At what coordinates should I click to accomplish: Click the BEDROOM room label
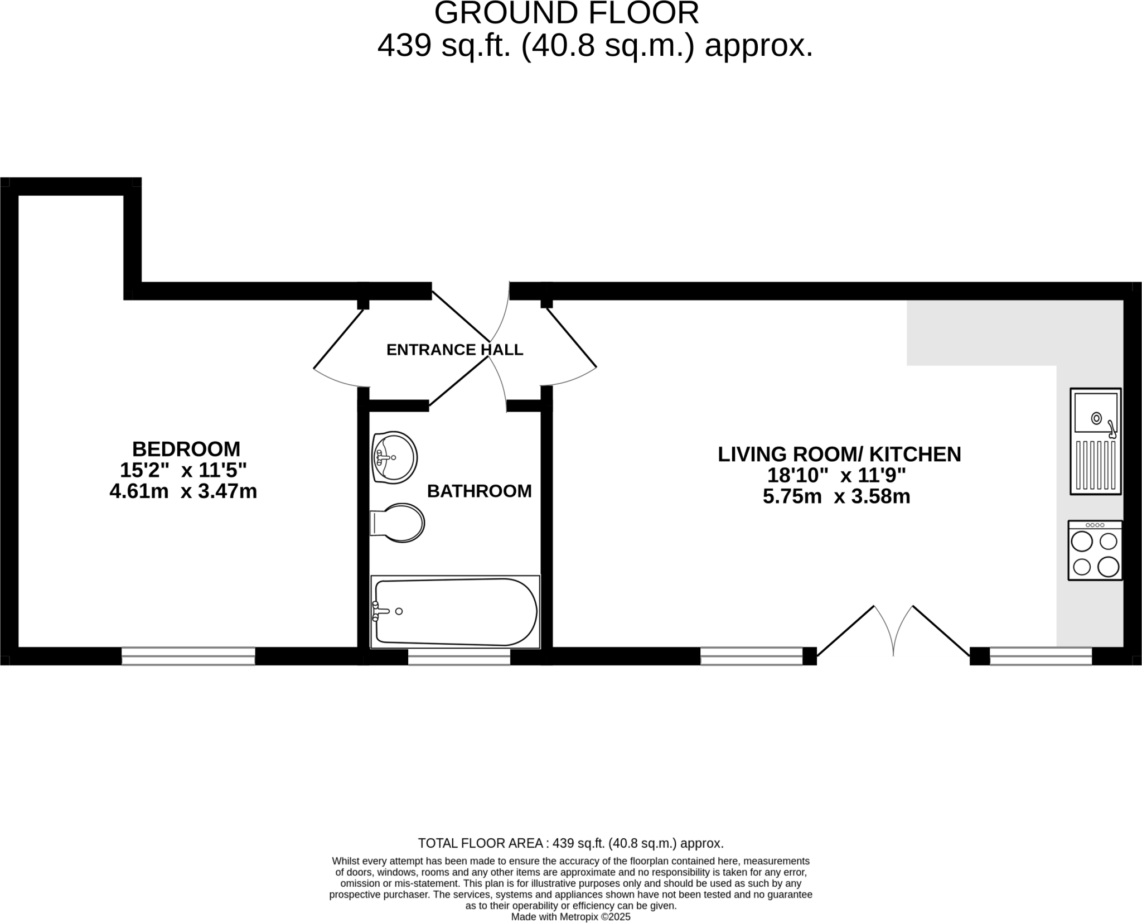point(186,449)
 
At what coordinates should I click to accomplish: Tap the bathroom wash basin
point(394,457)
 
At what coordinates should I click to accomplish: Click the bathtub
point(455,612)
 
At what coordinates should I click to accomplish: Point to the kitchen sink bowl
point(1096,413)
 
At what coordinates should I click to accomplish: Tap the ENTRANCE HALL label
point(454,350)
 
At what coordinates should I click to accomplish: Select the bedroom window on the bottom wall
point(188,656)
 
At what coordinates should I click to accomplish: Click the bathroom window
point(459,657)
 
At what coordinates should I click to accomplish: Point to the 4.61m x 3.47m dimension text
point(183,492)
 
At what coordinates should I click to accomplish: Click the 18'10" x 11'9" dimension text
point(836,476)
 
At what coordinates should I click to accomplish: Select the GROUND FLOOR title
point(567,13)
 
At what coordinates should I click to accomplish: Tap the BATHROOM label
point(479,491)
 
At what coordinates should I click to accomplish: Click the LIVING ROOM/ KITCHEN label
point(839,455)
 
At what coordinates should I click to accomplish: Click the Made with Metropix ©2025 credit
point(570,917)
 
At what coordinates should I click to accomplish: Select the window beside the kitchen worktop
point(1041,656)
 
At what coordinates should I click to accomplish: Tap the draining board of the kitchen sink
point(1096,465)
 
